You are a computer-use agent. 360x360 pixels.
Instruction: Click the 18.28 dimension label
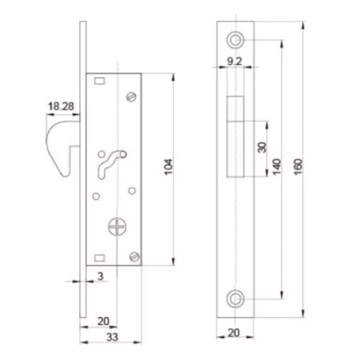(x=61, y=106)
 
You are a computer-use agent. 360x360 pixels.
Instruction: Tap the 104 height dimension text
(x=168, y=167)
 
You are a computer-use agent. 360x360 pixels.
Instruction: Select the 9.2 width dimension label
(x=234, y=62)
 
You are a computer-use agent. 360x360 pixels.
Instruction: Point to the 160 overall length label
(x=298, y=167)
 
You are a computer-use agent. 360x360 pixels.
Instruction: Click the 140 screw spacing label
(x=277, y=167)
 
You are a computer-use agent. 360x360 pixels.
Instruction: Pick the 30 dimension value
(x=262, y=147)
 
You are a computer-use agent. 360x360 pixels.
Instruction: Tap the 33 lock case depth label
(x=113, y=337)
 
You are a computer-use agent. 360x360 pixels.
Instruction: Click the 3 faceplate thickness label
(x=100, y=276)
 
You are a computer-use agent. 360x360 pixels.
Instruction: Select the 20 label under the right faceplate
(x=234, y=333)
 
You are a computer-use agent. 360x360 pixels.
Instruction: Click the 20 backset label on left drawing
(x=103, y=321)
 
